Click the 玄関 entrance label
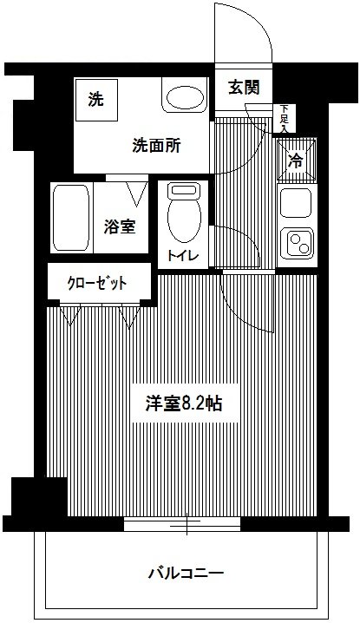pos(244,88)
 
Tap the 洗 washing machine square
pos(96,100)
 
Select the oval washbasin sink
pos(185,97)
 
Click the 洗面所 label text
pos(156,146)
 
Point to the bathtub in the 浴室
pos(71,217)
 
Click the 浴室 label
pos(120,226)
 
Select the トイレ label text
pos(182,255)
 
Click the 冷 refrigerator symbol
pos(297,161)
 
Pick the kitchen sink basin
pos(296,203)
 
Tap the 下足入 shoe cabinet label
pos(285,118)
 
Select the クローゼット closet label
pos(97,284)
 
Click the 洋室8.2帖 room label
pos(184,403)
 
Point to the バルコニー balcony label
pos(186,574)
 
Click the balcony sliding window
pos(182,524)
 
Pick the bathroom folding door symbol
pos(137,193)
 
